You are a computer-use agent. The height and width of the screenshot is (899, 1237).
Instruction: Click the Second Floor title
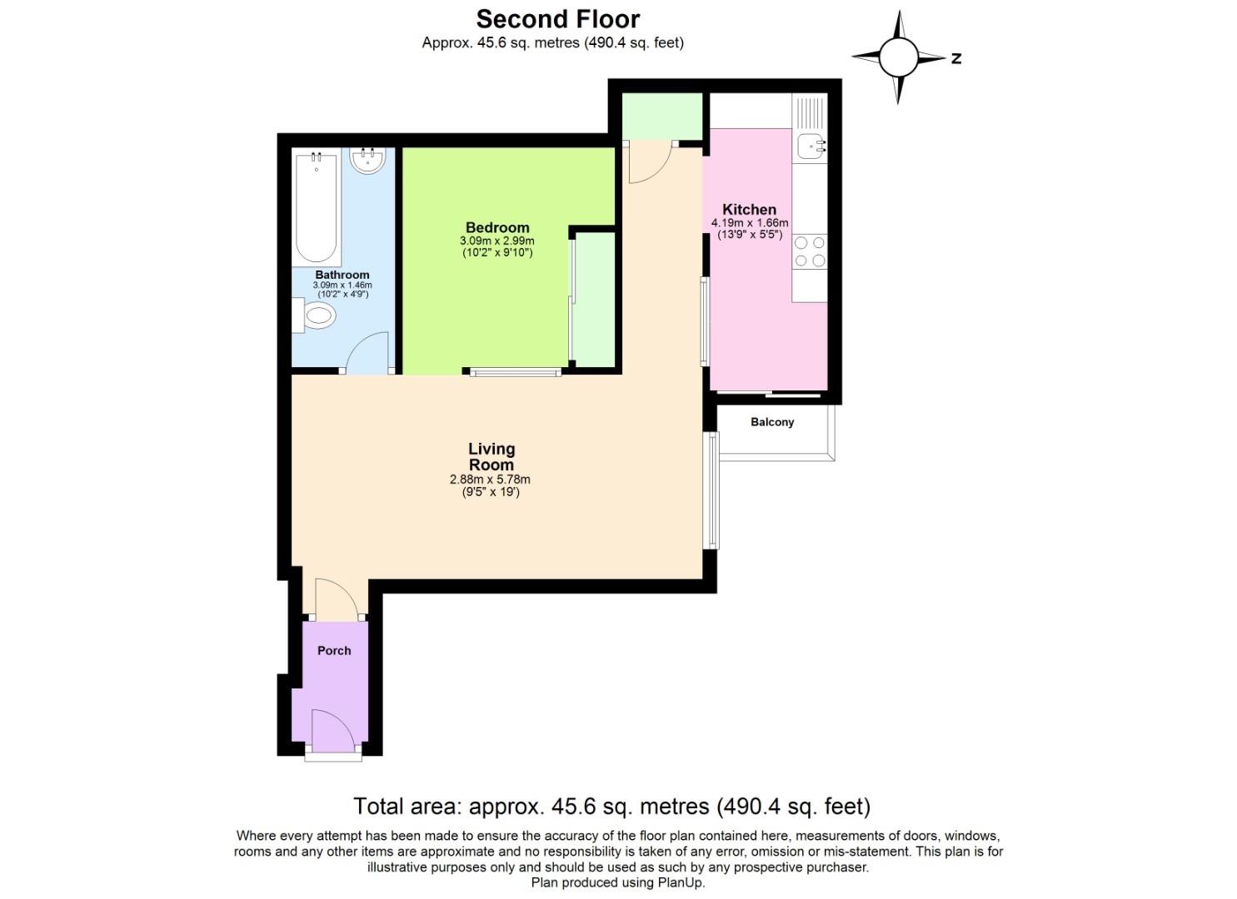557,19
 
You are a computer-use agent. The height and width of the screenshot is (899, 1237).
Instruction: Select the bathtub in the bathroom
316,208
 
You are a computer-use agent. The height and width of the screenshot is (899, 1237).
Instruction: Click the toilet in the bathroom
317,315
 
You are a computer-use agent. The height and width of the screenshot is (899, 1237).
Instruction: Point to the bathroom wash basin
367,160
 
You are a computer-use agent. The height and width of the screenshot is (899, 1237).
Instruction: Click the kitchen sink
811,147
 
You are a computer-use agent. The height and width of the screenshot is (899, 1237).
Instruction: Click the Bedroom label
497,227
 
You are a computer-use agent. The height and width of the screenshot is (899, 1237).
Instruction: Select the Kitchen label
749,209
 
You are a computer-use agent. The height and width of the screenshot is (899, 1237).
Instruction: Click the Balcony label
772,422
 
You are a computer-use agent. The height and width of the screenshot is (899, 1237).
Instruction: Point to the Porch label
334,650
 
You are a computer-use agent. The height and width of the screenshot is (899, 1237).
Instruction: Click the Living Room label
491,457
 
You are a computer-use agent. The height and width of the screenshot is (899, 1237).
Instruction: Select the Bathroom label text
342,275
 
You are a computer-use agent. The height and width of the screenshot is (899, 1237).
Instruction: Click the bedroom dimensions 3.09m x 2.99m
497,241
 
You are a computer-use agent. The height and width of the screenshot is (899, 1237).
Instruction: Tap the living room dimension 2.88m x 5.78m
490,479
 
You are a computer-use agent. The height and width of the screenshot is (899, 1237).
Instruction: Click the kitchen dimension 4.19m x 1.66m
749,223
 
